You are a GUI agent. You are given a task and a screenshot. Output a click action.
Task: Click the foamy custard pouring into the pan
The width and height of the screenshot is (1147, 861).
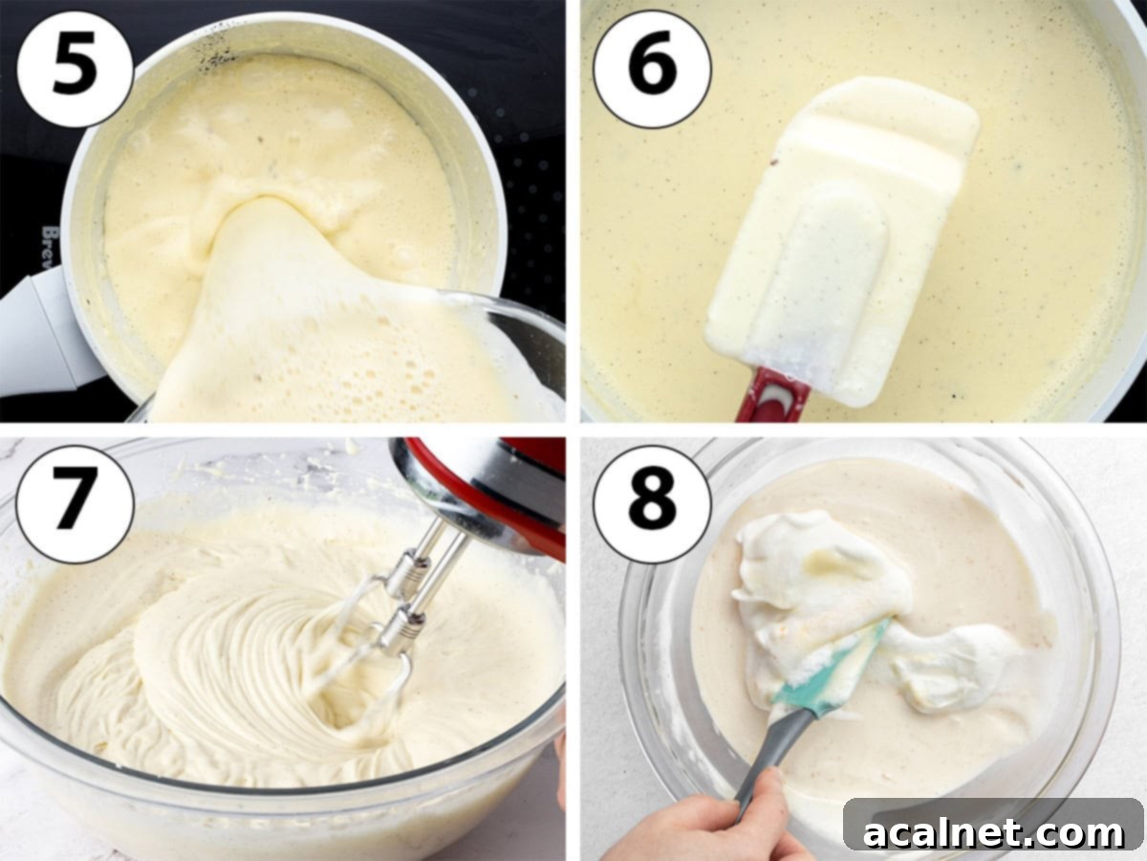click(287, 316)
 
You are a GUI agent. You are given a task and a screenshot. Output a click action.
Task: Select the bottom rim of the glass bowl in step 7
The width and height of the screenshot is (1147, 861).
click(287, 799)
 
